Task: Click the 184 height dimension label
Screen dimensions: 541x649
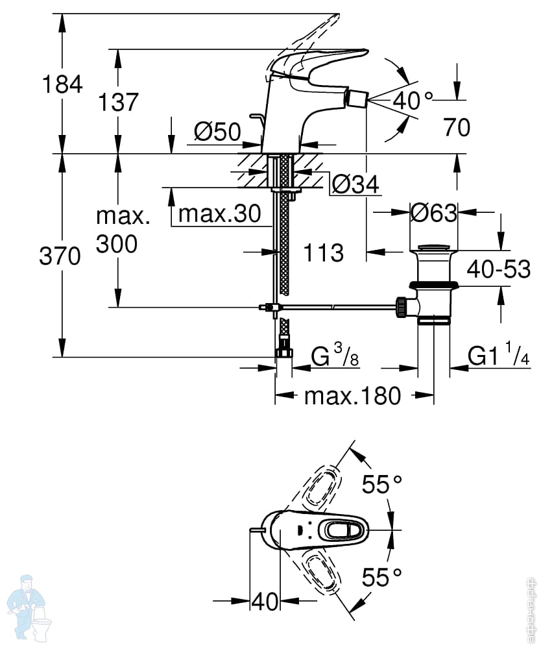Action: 62,85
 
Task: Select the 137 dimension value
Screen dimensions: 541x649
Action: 118,102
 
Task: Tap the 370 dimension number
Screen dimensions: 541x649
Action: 60,256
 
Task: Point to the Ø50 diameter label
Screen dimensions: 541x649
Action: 217,132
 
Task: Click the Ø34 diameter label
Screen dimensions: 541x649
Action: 355,184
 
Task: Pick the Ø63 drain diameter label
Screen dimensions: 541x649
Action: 434,213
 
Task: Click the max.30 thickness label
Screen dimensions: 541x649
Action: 220,214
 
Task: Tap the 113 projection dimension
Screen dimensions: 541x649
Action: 324,252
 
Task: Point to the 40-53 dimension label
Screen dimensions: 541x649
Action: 498,269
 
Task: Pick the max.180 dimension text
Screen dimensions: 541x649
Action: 352,396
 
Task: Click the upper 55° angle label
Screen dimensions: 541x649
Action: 382,484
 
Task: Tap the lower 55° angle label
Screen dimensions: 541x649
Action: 382,577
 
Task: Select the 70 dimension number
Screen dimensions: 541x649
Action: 457,127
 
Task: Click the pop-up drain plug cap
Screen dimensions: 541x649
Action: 433,248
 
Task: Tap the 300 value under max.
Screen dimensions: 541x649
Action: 117,244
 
